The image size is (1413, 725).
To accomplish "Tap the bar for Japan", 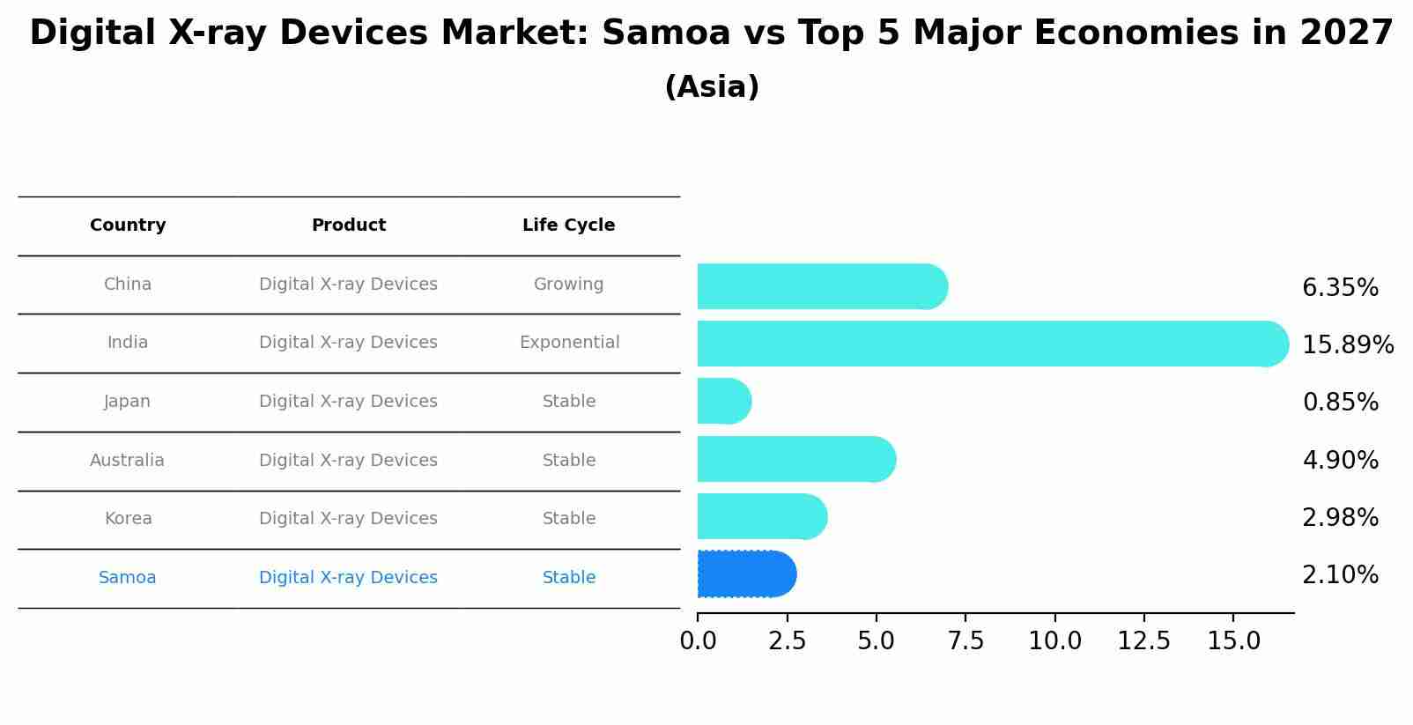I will click(723, 402).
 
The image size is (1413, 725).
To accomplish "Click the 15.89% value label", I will click(1347, 344).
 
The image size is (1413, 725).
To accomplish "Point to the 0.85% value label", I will click(1340, 403).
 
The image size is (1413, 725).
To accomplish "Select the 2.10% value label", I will click(1340, 575).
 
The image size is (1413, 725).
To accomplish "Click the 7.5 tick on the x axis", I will click(965, 641).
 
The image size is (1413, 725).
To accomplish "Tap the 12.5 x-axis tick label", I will click(1143, 641).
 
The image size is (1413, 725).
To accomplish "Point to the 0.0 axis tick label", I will click(698, 641).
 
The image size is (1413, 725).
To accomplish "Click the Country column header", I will click(128, 226).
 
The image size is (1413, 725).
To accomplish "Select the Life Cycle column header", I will click(568, 226).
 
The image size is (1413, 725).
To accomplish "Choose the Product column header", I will click(349, 226).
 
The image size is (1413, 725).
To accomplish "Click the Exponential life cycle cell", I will click(569, 343).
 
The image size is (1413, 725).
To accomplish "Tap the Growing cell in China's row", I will click(568, 285).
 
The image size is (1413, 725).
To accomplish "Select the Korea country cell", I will click(128, 519).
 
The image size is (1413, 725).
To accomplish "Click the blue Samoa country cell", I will click(128, 578).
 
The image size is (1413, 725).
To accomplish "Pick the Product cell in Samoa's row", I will click(348, 578).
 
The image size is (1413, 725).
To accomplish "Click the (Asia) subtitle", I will click(712, 87).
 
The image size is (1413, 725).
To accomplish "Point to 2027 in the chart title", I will click(1346, 33).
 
